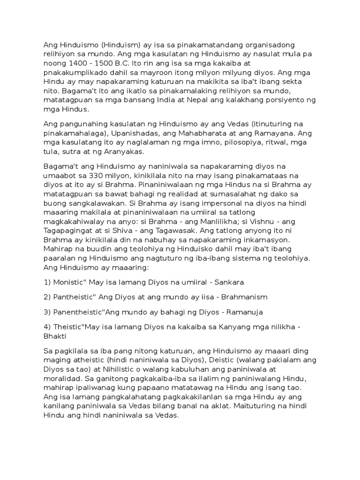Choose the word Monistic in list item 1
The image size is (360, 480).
pos(71,283)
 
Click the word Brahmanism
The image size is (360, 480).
pos(238,298)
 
